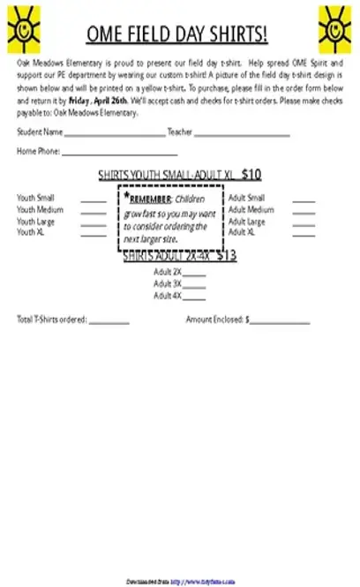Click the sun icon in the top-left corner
coord(24,27)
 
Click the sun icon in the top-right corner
coord(335,27)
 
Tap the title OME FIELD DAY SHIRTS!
coord(177,35)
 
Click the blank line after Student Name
coord(114,134)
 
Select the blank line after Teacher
coord(241,134)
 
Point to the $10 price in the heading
coord(251,174)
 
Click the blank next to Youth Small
coord(94,199)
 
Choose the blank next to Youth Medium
coord(94,212)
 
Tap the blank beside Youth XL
coord(94,234)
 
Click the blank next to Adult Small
coord(304,199)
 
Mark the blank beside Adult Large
coord(304,223)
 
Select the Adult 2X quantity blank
coord(194,274)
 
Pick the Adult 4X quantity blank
coord(194,297)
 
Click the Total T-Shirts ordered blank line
coord(109,321)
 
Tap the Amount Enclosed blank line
coord(280,321)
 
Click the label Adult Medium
coord(251,211)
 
